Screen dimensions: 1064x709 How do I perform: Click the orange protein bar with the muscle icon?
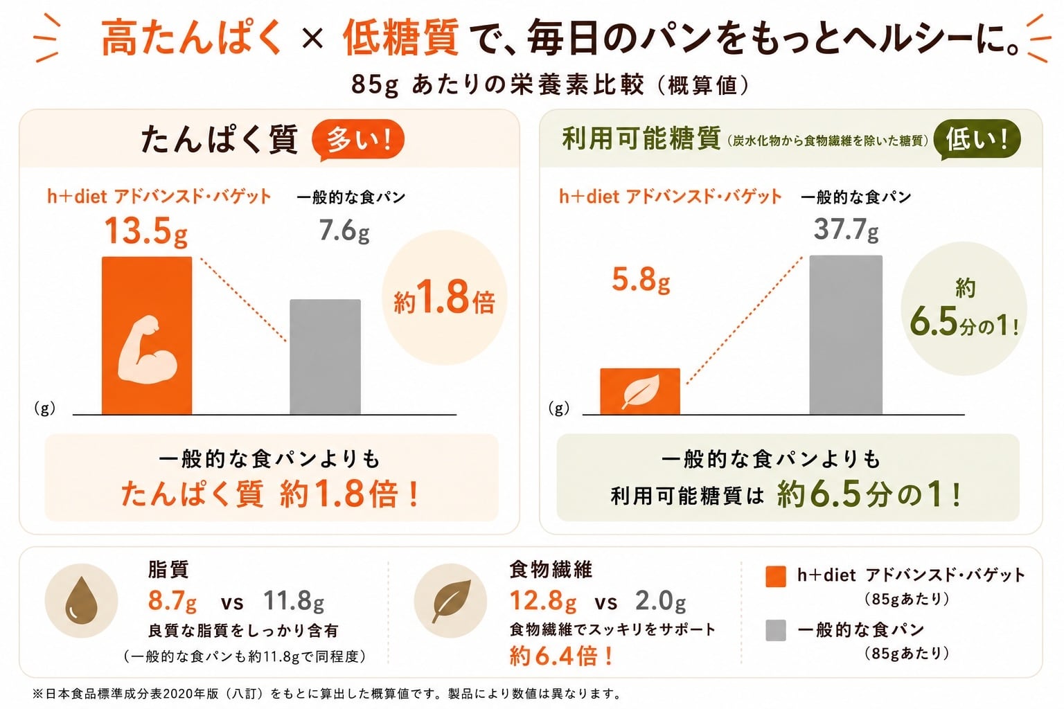[x=147, y=336]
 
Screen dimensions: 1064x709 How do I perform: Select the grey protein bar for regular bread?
[x=326, y=357]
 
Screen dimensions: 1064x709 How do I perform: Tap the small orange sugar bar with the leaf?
[x=640, y=391]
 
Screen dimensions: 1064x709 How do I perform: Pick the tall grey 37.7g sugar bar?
[x=846, y=335]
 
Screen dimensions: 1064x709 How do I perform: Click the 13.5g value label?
[x=146, y=232]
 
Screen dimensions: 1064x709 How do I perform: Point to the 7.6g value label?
[x=344, y=231]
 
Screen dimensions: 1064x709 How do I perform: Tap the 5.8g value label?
[x=641, y=280]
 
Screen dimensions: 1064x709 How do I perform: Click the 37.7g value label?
[x=846, y=229]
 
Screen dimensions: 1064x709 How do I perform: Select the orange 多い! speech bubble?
[x=357, y=140]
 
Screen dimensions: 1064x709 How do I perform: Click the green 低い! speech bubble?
[x=977, y=140]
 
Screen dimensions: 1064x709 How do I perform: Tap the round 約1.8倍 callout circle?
[x=445, y=298]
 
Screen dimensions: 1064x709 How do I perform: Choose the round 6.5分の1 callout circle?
[x=964, y=309]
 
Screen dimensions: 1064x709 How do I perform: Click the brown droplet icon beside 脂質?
[x=81, y=601]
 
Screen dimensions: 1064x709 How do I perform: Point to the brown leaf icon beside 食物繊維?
[x=450, y=601]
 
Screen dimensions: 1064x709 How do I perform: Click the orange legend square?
[x=776, y=577]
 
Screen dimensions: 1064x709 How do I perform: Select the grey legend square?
[x=776, y=630]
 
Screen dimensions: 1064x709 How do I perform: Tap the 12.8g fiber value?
[x=543, y=601]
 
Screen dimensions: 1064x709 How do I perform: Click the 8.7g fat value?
[x=172, y=601]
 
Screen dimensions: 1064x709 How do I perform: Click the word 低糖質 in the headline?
[x=400, y=37]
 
